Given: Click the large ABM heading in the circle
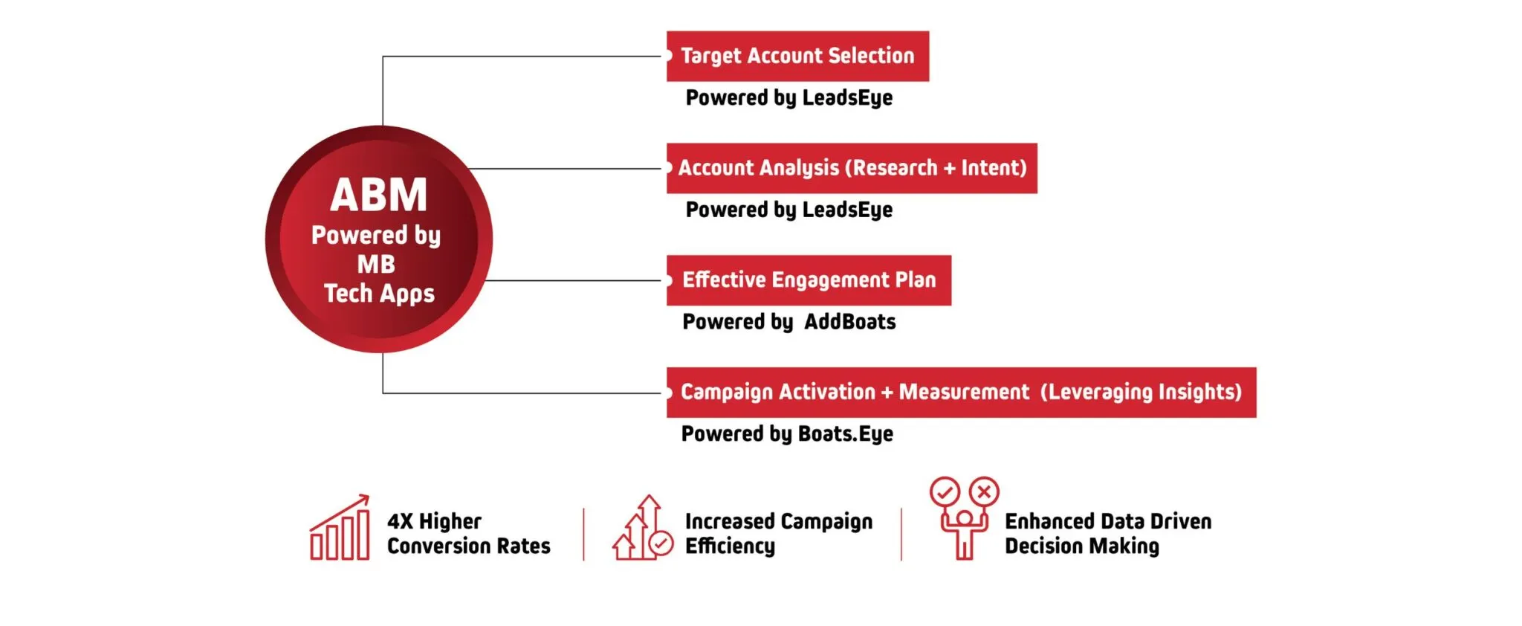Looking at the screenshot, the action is point(379,195).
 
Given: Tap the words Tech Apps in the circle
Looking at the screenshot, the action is point(380,294).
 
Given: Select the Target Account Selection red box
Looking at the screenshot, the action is point(797,57).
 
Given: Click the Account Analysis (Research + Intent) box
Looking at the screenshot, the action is point(852,169).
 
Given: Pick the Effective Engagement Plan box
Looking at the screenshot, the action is point(809,280).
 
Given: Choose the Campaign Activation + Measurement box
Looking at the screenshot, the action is point(961,393).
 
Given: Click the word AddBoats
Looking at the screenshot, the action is point(850,322).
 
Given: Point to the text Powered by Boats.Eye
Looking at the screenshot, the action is point(787,434).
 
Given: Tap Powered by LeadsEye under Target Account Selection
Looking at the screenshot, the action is point(789,98).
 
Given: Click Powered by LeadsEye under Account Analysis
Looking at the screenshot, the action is point(789,210).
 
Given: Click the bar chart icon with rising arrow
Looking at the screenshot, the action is point(340,527).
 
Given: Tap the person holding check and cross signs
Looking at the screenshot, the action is point(965,518).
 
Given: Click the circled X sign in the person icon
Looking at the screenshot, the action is point(984,491).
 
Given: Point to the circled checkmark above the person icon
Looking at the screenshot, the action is point(945,491).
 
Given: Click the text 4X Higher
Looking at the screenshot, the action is point(434,521).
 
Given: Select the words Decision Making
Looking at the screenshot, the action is point(1082,546).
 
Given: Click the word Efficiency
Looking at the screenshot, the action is point(730,546).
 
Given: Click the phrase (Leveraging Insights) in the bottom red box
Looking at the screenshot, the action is point(1141,393).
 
